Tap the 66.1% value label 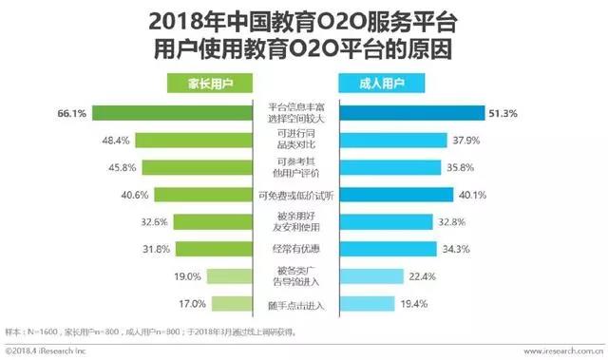72,114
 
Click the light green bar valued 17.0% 234,305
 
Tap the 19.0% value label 214,277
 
